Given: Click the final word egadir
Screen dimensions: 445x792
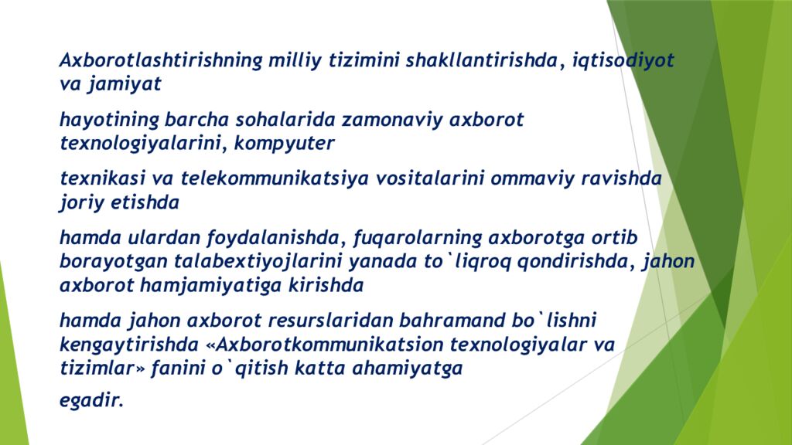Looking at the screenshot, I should (91, 401).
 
